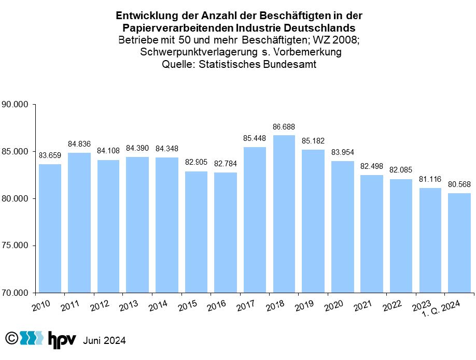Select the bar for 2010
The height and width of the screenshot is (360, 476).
(x=49, y=228)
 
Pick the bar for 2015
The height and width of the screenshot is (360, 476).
(x=195, y=232)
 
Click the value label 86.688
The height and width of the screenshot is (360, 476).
(x=284, y=126)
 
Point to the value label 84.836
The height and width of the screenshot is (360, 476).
(x=79, y=143)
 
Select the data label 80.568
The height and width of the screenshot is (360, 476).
(x=459, y=184)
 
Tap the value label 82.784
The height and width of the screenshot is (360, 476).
(x=225, y=164)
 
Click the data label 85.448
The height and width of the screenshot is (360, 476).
(x=255, y=138)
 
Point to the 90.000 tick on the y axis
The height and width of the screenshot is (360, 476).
(x=15, y=105)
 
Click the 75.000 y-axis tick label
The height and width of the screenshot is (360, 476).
(x=15, y=246)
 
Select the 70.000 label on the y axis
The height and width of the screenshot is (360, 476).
(x=15, y=293)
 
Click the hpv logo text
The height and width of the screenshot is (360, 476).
(x=62, y=340)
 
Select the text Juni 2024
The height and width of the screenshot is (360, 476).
(x=104, y=341)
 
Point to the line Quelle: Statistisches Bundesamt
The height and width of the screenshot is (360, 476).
(x=239, y=64)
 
